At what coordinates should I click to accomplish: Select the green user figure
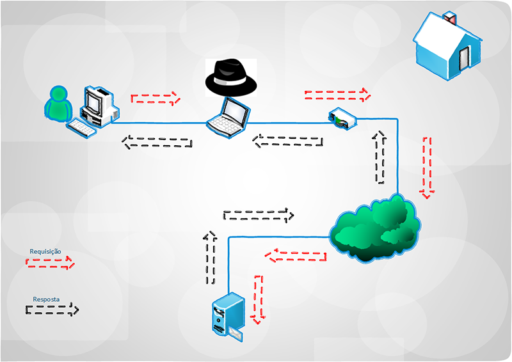59,104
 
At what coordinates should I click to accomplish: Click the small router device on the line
340,118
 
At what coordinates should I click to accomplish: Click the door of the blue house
464,59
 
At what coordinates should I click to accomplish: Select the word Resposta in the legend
46,299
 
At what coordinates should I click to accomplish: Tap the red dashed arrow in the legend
50,263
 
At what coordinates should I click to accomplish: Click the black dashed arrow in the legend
52,310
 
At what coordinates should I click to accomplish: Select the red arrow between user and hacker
156,98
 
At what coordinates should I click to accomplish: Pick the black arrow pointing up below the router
380,157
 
